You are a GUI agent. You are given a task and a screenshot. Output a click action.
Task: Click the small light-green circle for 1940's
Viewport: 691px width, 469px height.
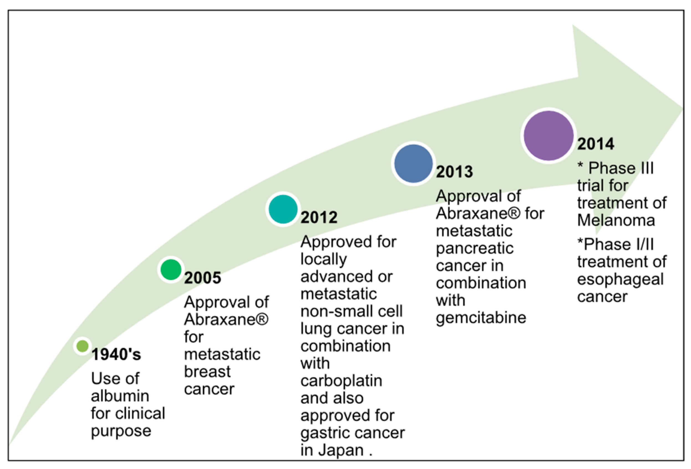point(82,346)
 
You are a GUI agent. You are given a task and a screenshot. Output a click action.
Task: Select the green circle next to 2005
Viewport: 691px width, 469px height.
point(171,269)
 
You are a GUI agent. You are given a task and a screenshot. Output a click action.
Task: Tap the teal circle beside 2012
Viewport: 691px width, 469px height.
point(283,209)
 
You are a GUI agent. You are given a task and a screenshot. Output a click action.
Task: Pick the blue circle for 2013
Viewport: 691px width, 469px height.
point(413,164)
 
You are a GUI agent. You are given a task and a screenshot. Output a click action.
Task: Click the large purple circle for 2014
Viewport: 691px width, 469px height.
point(548,136)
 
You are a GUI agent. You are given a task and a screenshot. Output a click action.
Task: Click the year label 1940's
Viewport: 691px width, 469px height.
point(116,354)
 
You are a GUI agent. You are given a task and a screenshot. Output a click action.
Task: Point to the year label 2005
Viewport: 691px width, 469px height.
point(202,278)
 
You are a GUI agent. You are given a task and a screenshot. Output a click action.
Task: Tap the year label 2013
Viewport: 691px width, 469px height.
point(454,172)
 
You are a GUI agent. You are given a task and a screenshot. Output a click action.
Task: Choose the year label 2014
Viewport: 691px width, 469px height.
point(596,144)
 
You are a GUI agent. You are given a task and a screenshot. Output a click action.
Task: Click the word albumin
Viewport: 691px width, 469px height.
point(120,396)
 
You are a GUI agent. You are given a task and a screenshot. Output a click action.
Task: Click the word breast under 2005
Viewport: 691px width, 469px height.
point(207,372)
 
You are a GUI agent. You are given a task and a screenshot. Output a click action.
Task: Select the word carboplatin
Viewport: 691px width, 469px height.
point(341,381)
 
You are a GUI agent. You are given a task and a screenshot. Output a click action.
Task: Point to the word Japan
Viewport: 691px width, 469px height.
point(341,450)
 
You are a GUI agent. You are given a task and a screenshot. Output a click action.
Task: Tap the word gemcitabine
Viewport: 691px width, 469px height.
point(481,318)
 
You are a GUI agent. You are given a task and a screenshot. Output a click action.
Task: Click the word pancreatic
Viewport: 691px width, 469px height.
point(474,248)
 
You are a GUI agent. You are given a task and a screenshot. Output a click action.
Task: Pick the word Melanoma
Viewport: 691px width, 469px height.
point(616,220)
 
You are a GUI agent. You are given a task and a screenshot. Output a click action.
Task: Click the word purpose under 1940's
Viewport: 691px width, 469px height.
point(121,431)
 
